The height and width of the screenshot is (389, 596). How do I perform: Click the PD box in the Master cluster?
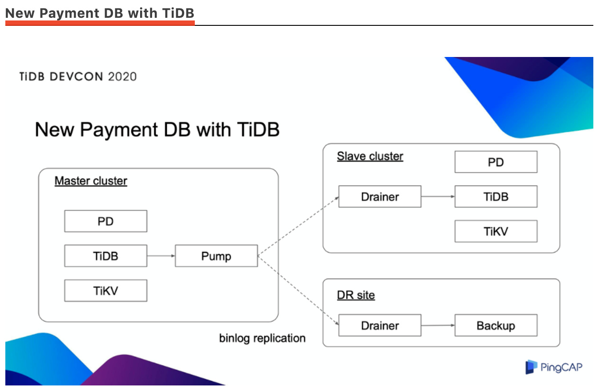105,221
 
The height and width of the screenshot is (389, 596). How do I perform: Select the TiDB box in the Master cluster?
105,256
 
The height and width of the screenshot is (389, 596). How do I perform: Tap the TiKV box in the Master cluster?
105,291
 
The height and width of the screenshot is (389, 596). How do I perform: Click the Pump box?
216,256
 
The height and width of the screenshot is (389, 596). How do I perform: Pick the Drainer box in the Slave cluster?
379,197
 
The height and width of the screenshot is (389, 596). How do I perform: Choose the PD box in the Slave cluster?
495,162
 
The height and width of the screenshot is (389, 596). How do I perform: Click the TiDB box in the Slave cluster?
495,197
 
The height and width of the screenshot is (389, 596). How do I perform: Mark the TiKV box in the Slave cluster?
495,231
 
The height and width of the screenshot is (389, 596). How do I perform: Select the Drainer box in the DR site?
379,325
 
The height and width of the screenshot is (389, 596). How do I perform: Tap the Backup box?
495,325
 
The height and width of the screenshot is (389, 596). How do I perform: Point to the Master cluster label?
91,181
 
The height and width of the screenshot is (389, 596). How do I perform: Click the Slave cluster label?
370,156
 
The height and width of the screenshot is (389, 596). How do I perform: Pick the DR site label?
356,295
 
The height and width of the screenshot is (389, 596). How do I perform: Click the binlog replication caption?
262,338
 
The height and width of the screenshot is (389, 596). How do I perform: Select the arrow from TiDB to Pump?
161,256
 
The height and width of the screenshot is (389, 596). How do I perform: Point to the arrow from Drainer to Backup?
438,325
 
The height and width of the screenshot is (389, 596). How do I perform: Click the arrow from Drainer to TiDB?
438,196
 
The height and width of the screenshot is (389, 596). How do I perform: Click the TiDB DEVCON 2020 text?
78,77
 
